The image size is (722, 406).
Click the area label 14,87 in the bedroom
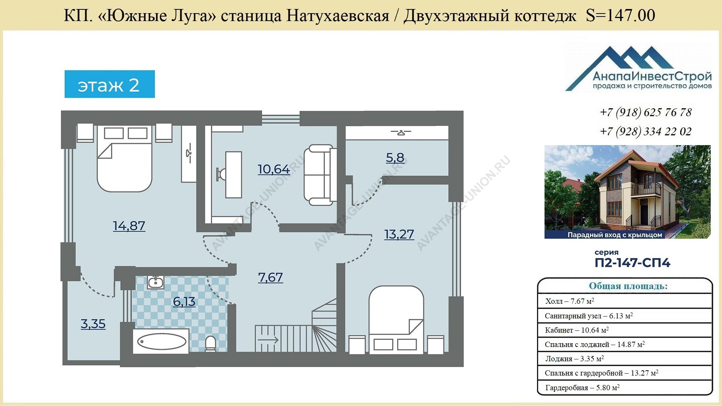[129, 226]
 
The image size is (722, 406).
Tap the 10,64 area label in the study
[274, 169]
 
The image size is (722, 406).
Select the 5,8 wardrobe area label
[395, 158]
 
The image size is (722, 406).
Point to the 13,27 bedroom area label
[399, 234]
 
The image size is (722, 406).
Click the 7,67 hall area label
[270, 277]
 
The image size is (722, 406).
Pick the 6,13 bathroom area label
[184, 301]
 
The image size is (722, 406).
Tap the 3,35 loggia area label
[93, 324]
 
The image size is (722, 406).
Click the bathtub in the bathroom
[161, 342]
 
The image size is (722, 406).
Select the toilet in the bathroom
[211, 344]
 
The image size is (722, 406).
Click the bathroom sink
[155, 282]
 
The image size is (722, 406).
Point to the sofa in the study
[320, 175]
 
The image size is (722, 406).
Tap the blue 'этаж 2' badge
[110, 84]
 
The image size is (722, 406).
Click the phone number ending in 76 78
[646, 112]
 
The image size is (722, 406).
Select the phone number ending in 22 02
[646, 132]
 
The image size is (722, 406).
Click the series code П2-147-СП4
[633, 262]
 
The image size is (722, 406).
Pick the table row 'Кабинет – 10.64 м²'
[625, 330]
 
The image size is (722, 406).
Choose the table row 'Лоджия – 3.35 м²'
[625, 359]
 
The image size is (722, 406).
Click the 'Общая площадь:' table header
[628, 286]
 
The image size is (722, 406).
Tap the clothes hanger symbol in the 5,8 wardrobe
[400, 132]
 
